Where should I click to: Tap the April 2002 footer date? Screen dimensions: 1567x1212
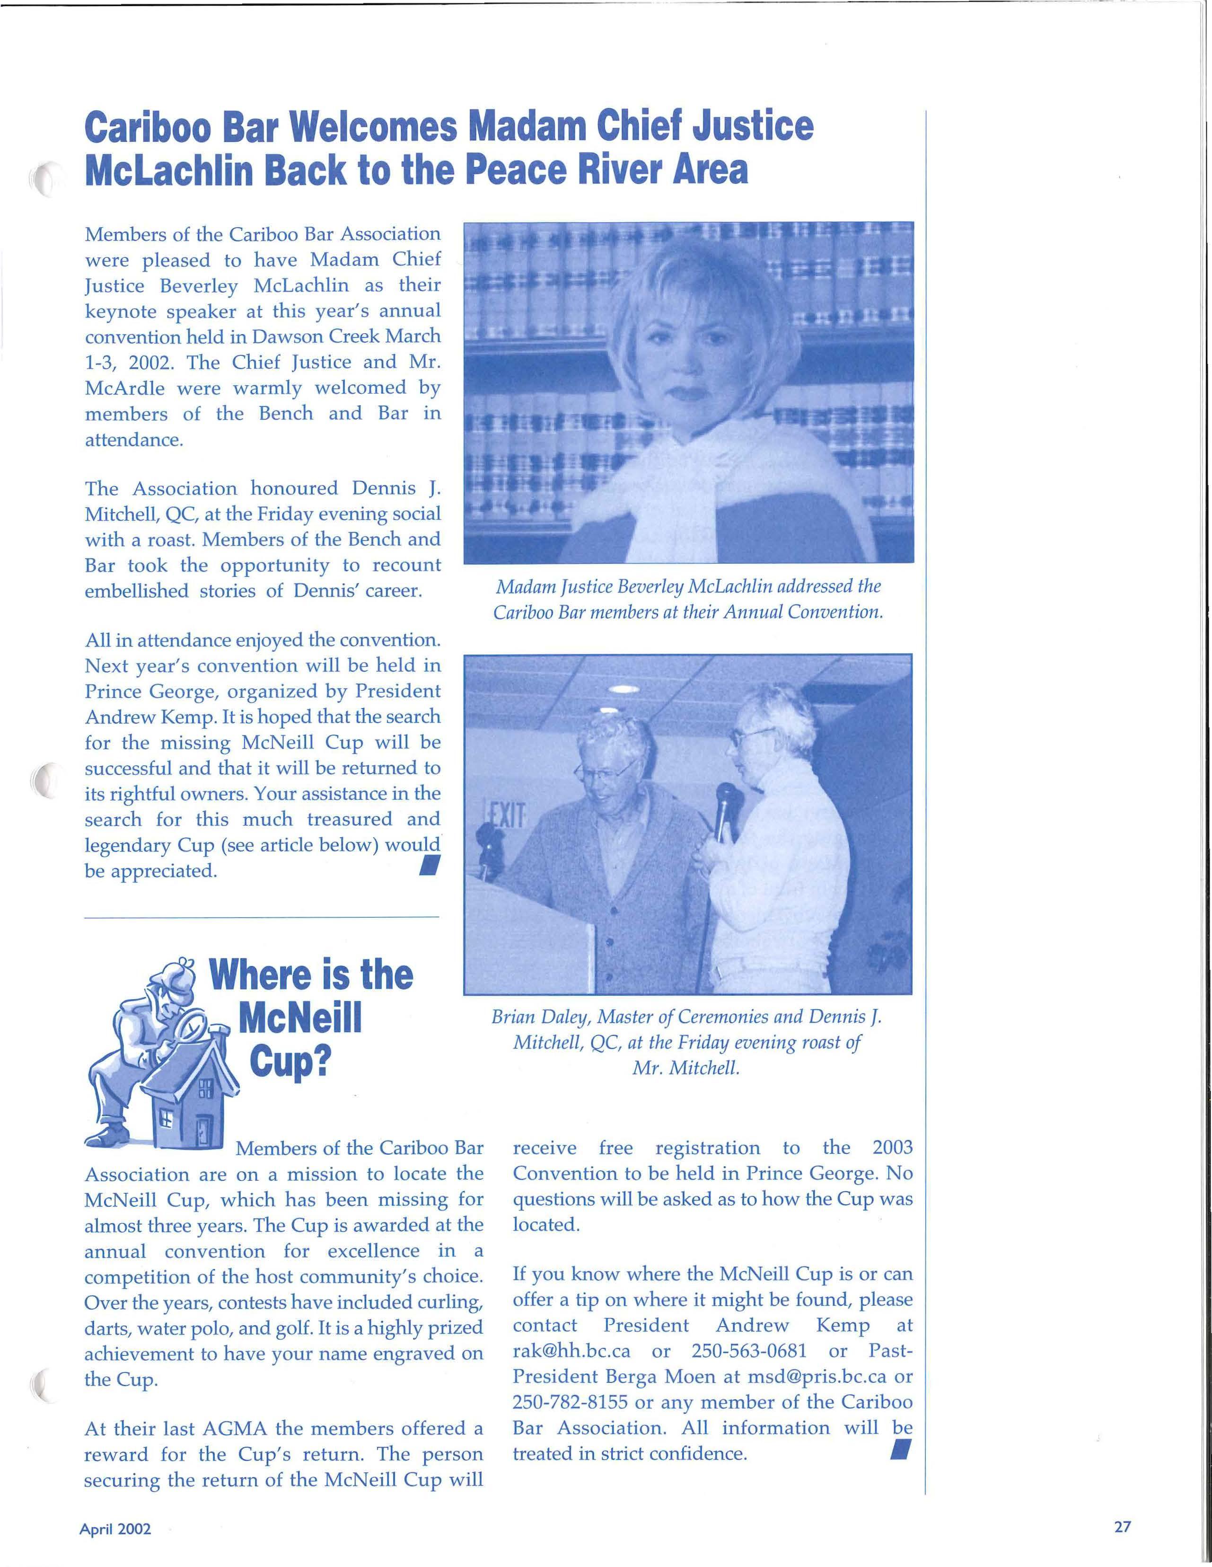pyautogui.click(x=115, y=1529)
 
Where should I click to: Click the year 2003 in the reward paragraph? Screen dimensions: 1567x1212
pyautogui.click(x=892, y=1147)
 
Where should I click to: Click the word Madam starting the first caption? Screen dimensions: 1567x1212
pyautogui.click(x=521, y=586)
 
